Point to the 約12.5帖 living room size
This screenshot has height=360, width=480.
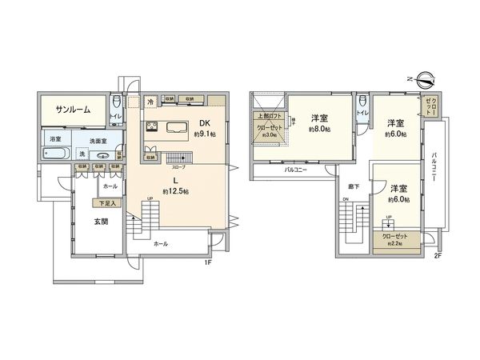pyautogui.click(x=175, y=192)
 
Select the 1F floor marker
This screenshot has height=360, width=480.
pyautogui.click(x=206, y=262)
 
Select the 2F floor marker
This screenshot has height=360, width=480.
pyautogui.click(x=437, y=256)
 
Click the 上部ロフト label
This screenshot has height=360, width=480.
pyautogui.click(x=267, y=118)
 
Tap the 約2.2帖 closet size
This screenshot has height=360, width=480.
pyautogui.click(x=394, y=244)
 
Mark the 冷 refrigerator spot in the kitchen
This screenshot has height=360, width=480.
pyautogui.click(x=151, y=102)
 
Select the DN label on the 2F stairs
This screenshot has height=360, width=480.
pyautogui.click(x=346, y=199)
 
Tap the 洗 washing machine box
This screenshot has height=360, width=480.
pyautogui.click(x=82, y=154)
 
